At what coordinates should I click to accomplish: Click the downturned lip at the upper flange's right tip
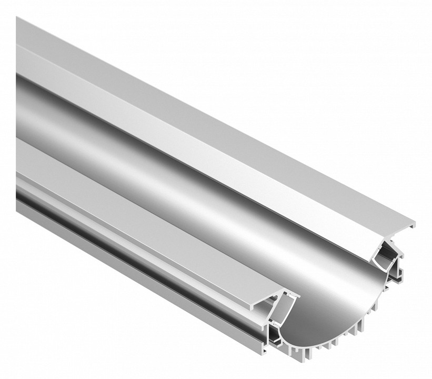pos(413,225)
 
